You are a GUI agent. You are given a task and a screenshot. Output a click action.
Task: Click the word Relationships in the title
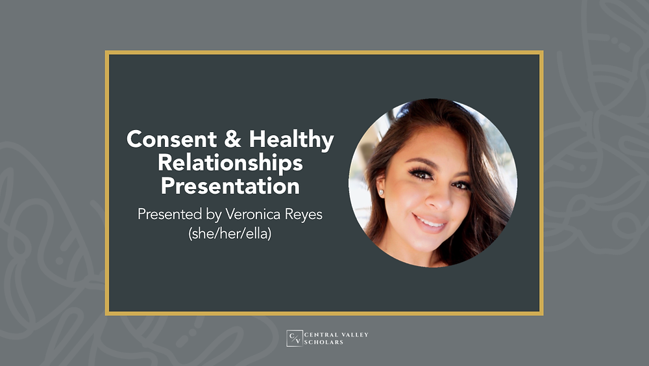(x=230, y=162)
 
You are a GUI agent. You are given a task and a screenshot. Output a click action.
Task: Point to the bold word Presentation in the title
(x=230, y=186)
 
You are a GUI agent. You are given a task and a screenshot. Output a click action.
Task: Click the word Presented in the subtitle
(x=166, y=215)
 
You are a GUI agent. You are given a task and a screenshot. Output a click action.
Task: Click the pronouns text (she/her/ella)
(x=230, y=233)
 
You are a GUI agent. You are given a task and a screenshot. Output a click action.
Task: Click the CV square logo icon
(x=294, y=338)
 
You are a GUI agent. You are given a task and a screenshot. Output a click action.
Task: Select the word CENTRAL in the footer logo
(x=322, y=335)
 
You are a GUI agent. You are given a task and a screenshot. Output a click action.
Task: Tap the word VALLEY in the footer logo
(x=354, y=335)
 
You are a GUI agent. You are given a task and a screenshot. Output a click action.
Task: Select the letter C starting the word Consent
(x=134, y=138)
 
